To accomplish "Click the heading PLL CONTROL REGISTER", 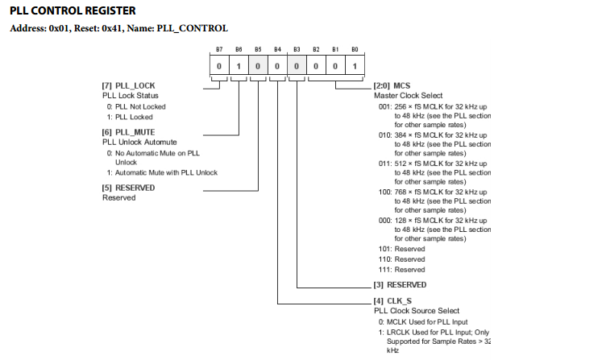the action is [73, 10].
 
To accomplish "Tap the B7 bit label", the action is [219, 49].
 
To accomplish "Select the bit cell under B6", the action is [239, 65].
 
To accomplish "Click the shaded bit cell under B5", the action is [258, 65].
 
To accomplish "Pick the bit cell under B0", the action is [355, 65].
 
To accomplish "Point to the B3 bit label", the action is [297, 49].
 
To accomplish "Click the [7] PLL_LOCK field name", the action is [128, 85].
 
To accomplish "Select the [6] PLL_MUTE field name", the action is [128, 132].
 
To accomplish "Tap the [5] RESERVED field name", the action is [128, 188].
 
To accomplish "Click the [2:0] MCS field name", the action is [392, 85].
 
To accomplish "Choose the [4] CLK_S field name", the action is [392, 301].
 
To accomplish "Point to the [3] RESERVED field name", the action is [400, 285].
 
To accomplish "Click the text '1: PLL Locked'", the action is [130, 117].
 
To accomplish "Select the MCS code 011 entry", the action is [434, 172].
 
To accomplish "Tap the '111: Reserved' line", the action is [401, 270].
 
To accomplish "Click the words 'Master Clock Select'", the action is [408, 96].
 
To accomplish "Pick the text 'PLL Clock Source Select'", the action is [417, 311].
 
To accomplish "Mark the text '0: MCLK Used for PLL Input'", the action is [423, 322].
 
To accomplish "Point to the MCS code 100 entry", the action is [434, 201].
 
